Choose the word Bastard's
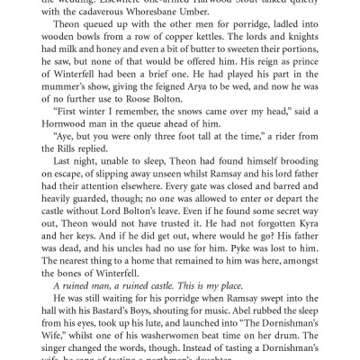tap(127, 334)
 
